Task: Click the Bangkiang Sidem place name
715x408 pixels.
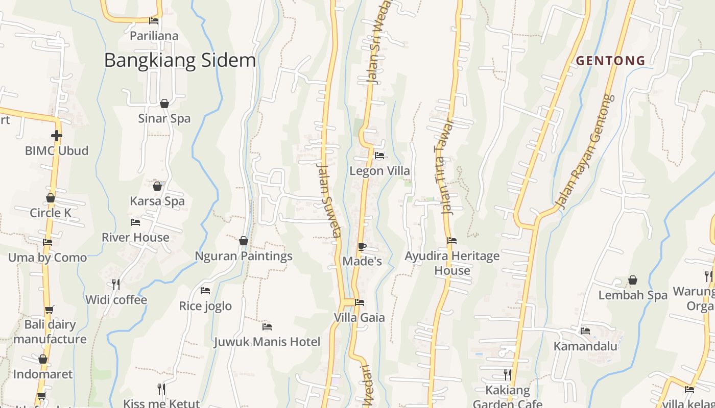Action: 180,60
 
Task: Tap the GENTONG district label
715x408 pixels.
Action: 611,61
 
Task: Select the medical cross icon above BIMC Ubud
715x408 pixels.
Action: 57,136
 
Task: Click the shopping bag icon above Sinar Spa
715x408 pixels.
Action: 164,104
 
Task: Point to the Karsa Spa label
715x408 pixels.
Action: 157,201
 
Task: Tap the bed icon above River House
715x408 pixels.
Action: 135,222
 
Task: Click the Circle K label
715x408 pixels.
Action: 51,213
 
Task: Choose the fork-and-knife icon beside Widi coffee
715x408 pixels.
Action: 116,284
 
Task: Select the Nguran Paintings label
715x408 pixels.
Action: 244,256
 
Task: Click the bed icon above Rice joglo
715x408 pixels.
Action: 205,291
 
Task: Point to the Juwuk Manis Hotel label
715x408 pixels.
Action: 267,342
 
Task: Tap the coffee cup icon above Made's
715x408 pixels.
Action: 362,247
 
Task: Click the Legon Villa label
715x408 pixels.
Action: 379,171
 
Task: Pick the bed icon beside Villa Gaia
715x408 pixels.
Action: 360,302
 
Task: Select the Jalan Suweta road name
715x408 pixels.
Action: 328,200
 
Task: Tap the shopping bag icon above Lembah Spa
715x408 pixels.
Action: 633,280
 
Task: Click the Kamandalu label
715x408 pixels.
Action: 585,346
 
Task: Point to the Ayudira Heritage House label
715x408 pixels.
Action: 452,263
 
